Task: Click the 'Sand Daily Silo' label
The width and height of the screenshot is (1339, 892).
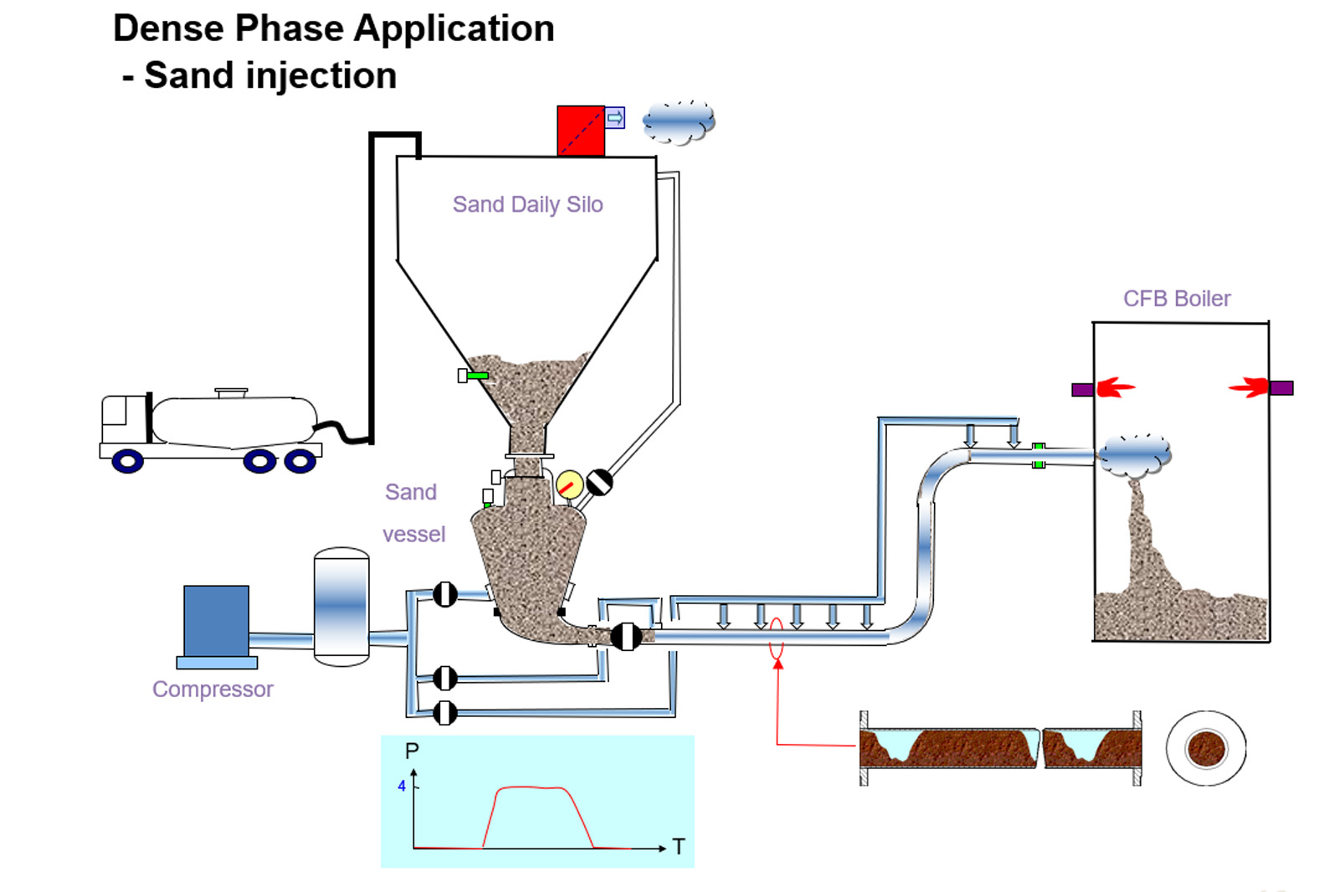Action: pos(527,204)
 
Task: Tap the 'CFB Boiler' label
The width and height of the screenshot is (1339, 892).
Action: pos(1176,299)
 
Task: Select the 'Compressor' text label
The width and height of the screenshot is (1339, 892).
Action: pos(213,689)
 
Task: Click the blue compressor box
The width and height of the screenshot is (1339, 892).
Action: pos(216,620)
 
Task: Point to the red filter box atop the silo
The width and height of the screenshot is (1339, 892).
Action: pos(581,131)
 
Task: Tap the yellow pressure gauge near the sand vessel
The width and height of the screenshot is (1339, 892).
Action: pos(569,484)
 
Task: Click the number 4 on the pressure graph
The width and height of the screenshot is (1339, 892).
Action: pos(402,786)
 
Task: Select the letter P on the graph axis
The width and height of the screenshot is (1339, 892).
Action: pos(412,751)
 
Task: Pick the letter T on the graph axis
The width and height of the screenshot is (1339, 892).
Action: pos(679,847)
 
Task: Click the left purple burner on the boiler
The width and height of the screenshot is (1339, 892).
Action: pos(1082,389)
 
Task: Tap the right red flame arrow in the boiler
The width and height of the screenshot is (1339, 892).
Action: pos(1249,387)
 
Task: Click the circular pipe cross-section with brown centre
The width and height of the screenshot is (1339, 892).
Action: pos(1206,748)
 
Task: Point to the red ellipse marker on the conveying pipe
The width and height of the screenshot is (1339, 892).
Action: pos(777,639)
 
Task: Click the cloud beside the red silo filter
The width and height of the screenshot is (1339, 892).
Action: pos(679,122)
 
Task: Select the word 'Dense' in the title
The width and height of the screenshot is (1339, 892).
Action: pos(169,28)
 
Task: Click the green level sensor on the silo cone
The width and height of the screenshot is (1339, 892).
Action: pos(477,376)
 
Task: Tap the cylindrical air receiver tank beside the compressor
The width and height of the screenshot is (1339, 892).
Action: pos(341,607)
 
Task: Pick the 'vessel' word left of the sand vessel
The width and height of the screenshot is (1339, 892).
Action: pos(413,534)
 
